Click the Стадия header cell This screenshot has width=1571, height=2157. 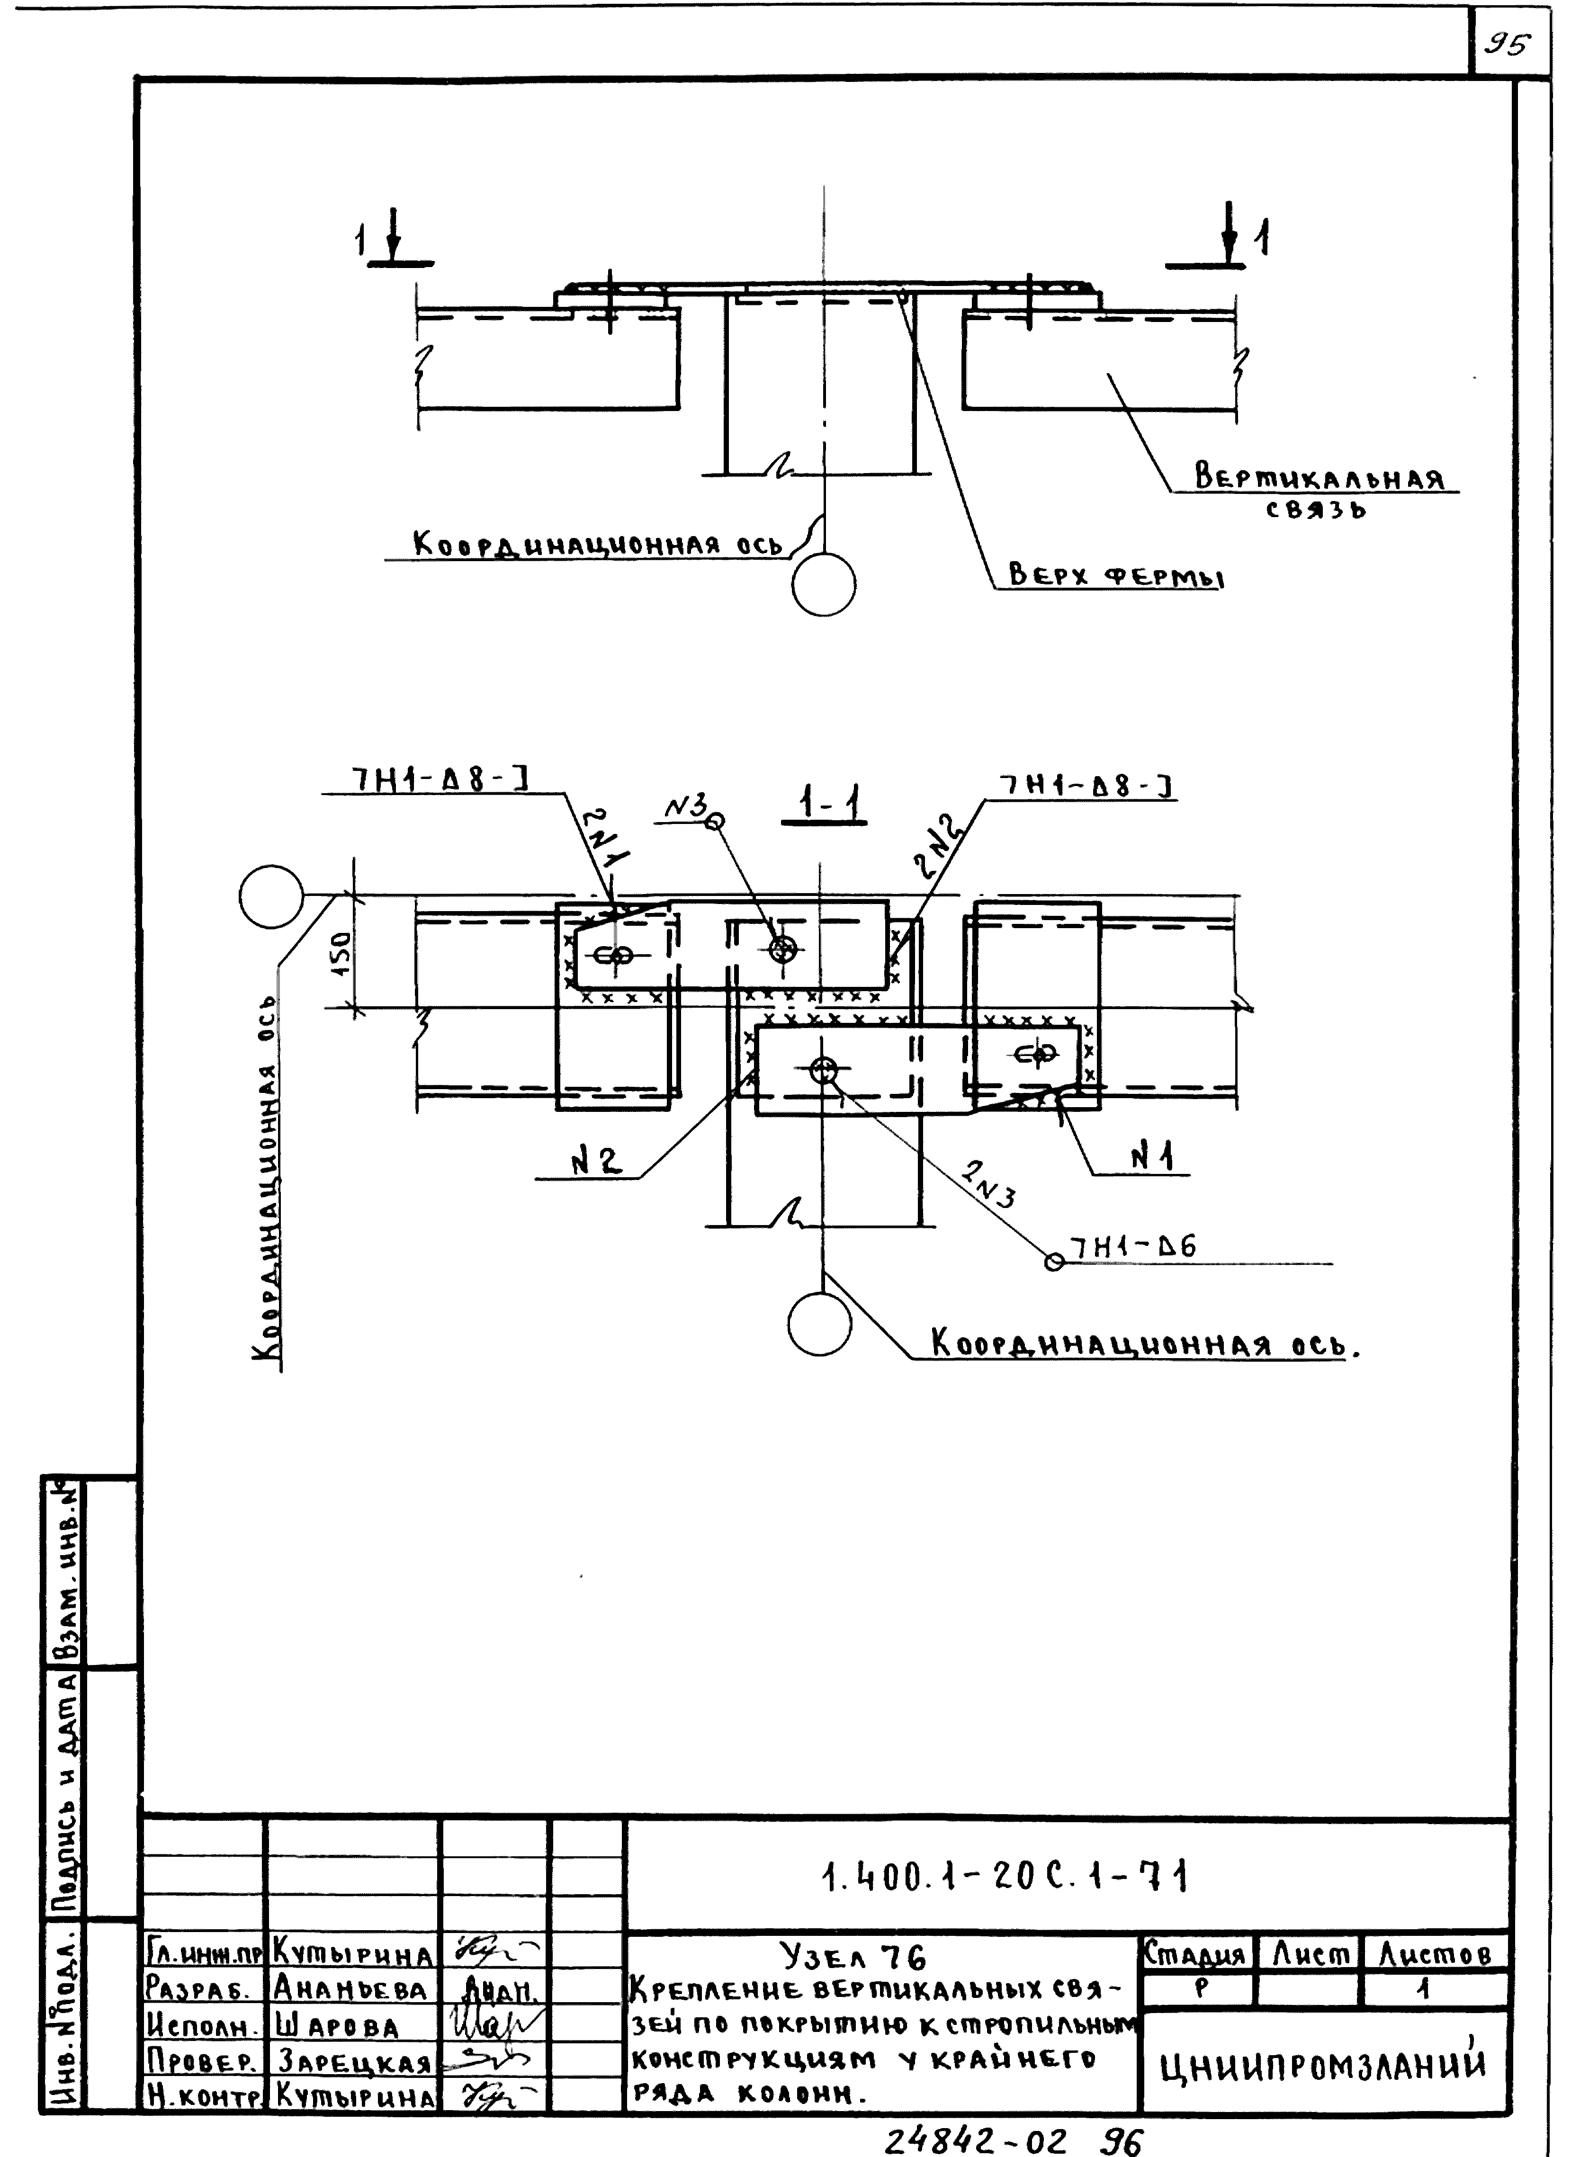click(x=1194, y=1954)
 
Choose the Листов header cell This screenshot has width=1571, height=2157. click(x=1434, y=1954)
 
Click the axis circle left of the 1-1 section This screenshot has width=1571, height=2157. click(x=271, y=896)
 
